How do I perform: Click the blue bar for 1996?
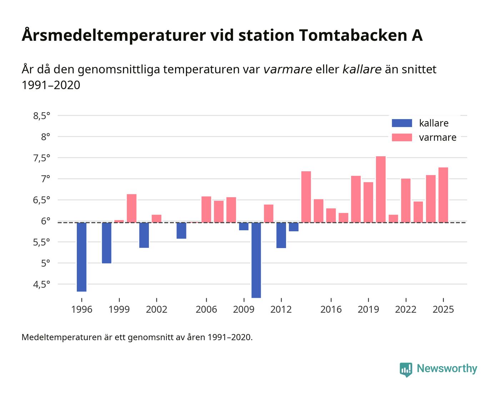(x=81, y=257)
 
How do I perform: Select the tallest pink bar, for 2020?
(x=381, y=189)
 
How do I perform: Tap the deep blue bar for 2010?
(x=256, y=260)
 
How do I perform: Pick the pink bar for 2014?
(x=306, y=197)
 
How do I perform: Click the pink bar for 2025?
(x=443, y=195)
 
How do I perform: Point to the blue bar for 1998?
(x=106, y=243)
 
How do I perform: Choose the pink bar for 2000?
(x=131, y=208)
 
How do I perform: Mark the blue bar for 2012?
(x=281, y=235)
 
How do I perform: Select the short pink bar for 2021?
(x=393, y=218)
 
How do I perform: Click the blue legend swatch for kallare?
(x=402, y=123)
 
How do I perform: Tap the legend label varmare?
(x=437, y=138)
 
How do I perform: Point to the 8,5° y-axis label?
(x=41, y=116)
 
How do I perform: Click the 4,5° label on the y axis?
(x=41, y=285)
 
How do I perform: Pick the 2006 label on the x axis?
(x=206, y=310)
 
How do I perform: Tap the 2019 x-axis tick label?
(x=368, y=310)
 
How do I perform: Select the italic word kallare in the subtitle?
(x=362, y=69)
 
